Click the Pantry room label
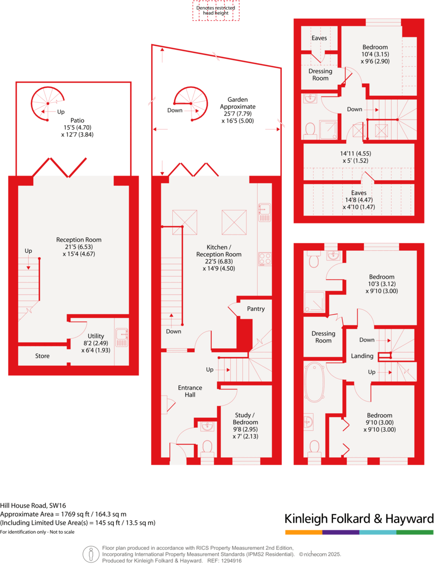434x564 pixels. pyautogui.click(x=256, y=309)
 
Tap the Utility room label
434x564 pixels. pyautogui.click(x=96, y=336)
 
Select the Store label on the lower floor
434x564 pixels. pyautogui.click(x=42, y=356)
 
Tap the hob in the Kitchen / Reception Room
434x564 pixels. pyautogui.click(x=265, y=259)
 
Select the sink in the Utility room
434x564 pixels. pyautogui.click(x=121, y=337)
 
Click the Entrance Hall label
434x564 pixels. pyautogui.click(x=190, y=391)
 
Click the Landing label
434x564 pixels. pyautogui.click(x=362, y=356)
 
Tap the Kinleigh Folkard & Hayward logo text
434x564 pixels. pyautogui.click(x=359, y=519)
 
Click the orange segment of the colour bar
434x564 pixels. pyautogui.click(x=303, y=532)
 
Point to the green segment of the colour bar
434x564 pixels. pyautogui.click(x=415, y=532)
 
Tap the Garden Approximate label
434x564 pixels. pyautogui.click(x=237, y=107)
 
